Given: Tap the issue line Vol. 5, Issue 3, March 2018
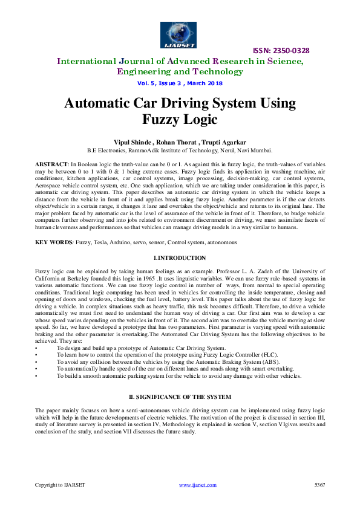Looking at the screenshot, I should pos(180,83).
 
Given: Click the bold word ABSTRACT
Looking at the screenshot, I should pos(52,164).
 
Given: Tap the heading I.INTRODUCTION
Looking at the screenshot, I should pos(180,258).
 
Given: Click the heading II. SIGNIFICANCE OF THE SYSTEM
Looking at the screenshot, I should pos(180,397).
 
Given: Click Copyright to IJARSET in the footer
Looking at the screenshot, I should pos(60,485).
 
